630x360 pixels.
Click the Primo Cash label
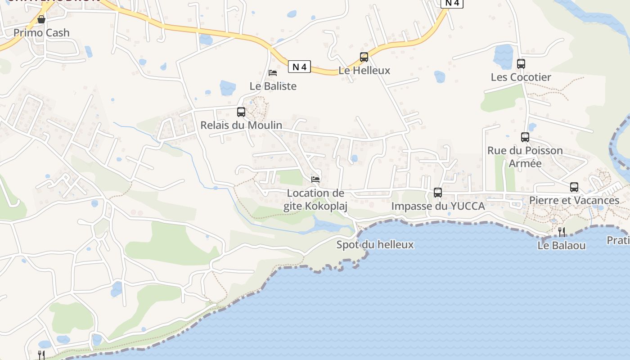tap(41, 33)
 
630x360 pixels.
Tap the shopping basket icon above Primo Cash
tap(41, 19)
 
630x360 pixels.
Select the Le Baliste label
tap(273, 86)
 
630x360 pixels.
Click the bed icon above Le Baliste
tap(273, 72)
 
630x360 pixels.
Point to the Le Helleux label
tap(364, 71)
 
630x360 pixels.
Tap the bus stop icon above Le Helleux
tap(364, 57)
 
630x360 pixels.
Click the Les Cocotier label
tap(521, 77)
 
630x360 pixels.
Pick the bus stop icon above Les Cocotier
tap(521, 64)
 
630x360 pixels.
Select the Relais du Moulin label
tap(241, 125)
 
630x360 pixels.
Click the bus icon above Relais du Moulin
tap(241, 112)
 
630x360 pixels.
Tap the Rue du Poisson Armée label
tap(525, 157)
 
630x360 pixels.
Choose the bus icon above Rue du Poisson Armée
tap(525, 137)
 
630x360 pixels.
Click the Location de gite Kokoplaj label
tap(315, 199)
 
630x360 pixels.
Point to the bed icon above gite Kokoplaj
tap(315, 180)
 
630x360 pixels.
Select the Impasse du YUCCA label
tap(438, 206)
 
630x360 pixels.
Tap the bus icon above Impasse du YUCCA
tap(438, 193)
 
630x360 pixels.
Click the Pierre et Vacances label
tap(574, 200)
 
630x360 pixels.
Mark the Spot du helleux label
tap(375, 245)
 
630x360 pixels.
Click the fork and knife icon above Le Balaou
tap(562, 232)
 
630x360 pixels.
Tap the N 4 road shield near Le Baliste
tap(299, 67)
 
